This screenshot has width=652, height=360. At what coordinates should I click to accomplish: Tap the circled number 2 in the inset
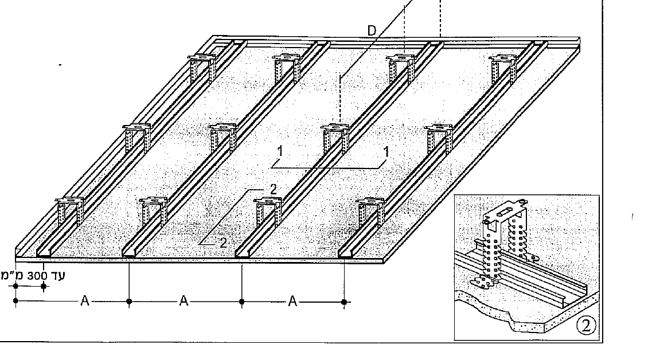click(586, 326)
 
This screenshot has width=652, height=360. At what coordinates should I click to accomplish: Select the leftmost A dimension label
click(85, 300)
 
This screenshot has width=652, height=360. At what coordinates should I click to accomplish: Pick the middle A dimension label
click(184, 300)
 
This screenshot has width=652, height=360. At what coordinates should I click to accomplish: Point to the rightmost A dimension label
click(292, 300)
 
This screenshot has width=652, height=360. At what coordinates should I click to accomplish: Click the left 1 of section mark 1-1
click(280, 151)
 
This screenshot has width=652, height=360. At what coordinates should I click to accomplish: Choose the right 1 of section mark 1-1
click(386, 152)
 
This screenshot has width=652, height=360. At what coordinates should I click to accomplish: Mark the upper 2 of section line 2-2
click(273, 190)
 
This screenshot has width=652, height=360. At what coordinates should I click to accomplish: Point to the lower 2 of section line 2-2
click(223, 243)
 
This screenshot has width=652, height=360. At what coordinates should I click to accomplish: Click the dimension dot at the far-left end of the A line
click(16, 301)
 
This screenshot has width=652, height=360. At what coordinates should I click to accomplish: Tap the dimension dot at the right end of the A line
click(344, 302)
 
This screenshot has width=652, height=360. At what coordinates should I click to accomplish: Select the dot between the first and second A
click(129, 302)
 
